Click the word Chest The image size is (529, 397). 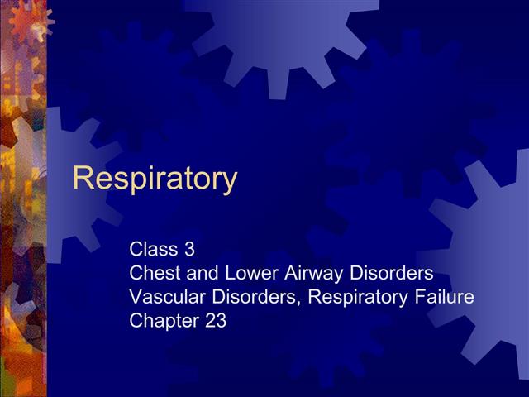tap(155, 272)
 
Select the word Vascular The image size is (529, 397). tap(165, 296)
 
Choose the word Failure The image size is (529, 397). tap(444, 296)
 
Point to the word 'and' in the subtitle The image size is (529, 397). tap(200, 272)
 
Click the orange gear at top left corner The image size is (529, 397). tap(33, 18)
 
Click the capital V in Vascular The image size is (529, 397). tap(136, 296)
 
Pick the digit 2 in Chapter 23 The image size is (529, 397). tap(210, 321)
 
